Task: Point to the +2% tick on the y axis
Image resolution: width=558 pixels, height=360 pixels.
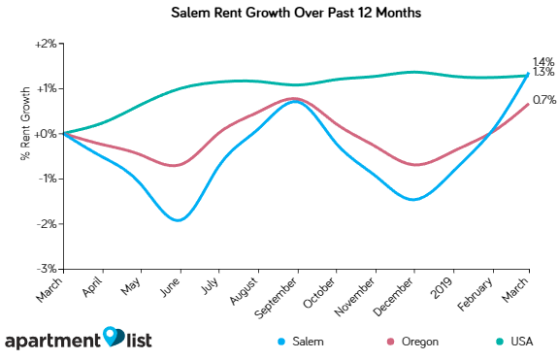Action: point(46,44)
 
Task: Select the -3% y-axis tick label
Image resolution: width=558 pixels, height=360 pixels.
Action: point(47,269)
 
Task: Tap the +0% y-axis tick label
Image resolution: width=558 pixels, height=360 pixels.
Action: point(46,134)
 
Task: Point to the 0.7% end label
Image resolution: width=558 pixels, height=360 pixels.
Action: point(542,100)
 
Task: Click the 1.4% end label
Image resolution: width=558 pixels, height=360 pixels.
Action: point(542,61)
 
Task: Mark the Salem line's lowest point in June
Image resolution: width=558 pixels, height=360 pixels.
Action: point(179,220)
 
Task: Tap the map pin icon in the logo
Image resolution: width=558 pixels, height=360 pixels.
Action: point(115,336)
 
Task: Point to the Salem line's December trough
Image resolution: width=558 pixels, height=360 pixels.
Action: point(414,200)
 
